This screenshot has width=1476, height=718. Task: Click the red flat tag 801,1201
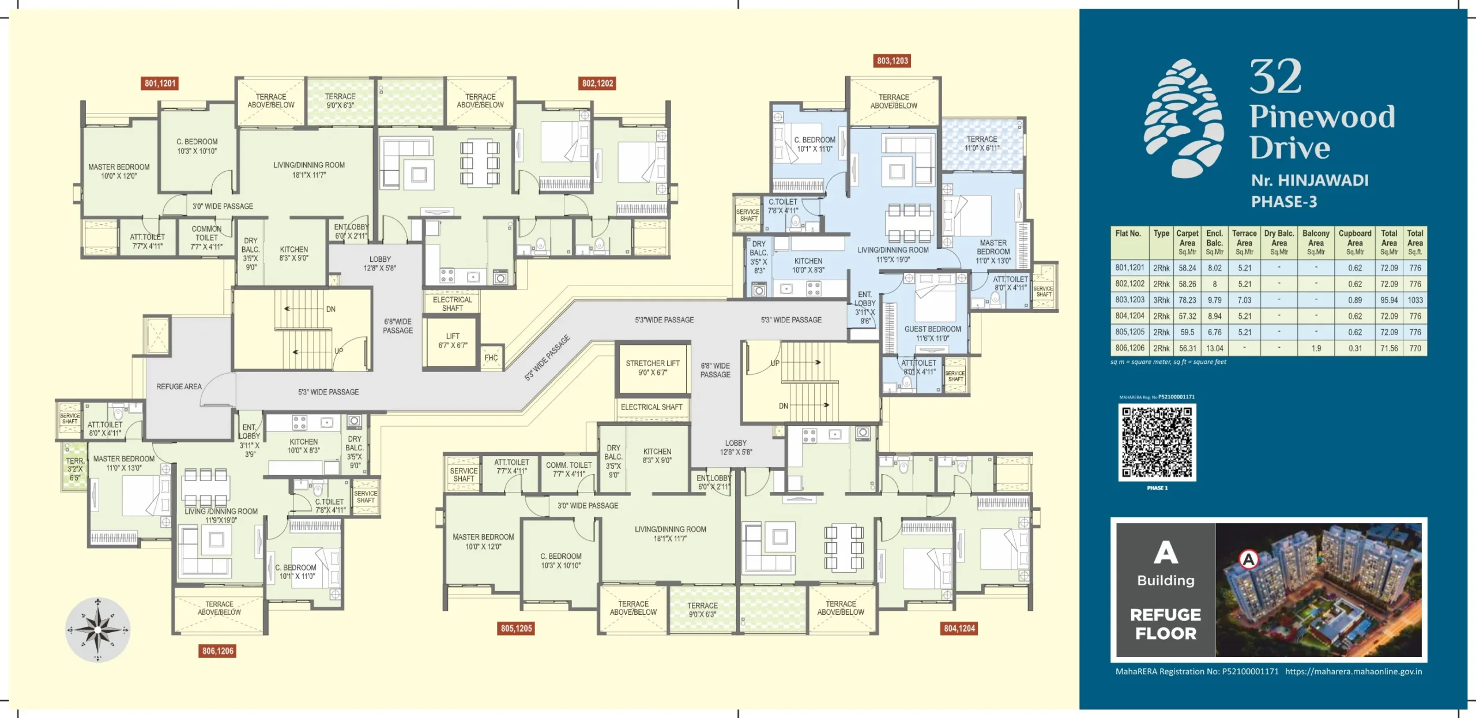(160, 84)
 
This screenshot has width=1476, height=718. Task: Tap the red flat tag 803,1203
(892, 61)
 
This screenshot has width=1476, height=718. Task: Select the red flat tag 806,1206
(217, 651)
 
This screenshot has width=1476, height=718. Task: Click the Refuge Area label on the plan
(179, 386)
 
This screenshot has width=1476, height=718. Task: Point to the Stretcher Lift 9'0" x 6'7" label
(653, 368)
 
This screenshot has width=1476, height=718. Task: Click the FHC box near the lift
(491, 358)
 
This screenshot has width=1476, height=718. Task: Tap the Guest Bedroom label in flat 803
(932, 333)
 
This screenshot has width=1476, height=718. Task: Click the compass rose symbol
(97, 630)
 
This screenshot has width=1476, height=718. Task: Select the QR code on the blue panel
(1157, 442)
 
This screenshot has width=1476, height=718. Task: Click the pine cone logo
(1184, 118)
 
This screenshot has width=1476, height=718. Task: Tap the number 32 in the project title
(1275, 77)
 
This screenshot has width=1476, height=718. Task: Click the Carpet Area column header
(1187, 242)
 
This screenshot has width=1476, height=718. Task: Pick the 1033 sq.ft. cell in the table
(1415, 300)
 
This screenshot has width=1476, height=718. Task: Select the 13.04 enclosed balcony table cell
(1214, 348)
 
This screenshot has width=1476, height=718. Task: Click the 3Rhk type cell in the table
(1161, 300)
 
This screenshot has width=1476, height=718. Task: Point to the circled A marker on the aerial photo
(1248, 559)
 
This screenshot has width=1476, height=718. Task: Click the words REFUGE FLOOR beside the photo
(1165, 624)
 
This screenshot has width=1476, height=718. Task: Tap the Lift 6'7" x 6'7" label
(453, 341)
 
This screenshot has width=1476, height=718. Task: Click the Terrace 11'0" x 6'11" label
(982, 144)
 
